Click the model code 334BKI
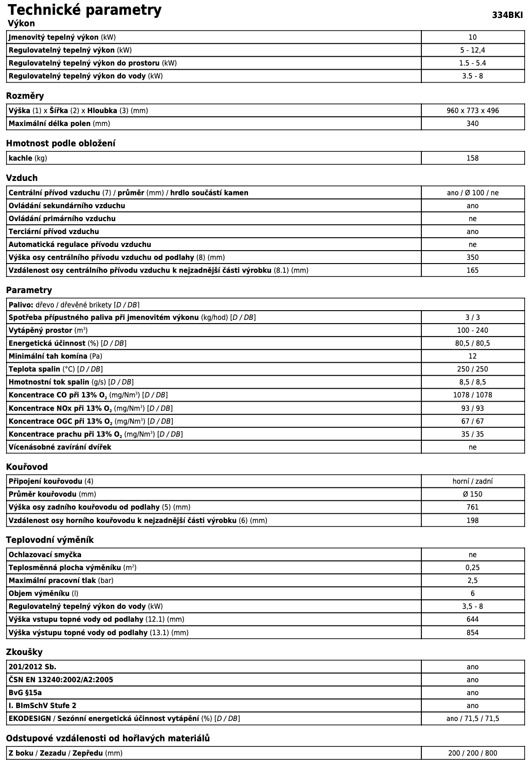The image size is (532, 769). point(507,15)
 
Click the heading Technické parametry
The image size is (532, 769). point(85,10)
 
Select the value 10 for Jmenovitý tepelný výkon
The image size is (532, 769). point(472,37)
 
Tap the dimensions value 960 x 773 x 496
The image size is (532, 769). point(473,111)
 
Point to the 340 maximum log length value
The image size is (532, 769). point(473,124)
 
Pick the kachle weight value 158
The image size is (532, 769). point(473,158)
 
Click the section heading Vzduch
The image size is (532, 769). point(22,178)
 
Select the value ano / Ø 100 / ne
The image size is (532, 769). point(473,193)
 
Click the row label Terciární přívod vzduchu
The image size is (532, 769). point(54,232)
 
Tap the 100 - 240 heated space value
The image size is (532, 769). point(473,330)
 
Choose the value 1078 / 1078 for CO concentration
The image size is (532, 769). point(473,395)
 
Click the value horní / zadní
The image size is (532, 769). point(473,481)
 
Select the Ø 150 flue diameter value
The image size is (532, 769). point(473,494)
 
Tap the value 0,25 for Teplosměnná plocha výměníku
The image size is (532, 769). point(473,568)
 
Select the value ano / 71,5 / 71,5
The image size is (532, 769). point(473,719)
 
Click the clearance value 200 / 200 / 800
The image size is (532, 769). point(473,753)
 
